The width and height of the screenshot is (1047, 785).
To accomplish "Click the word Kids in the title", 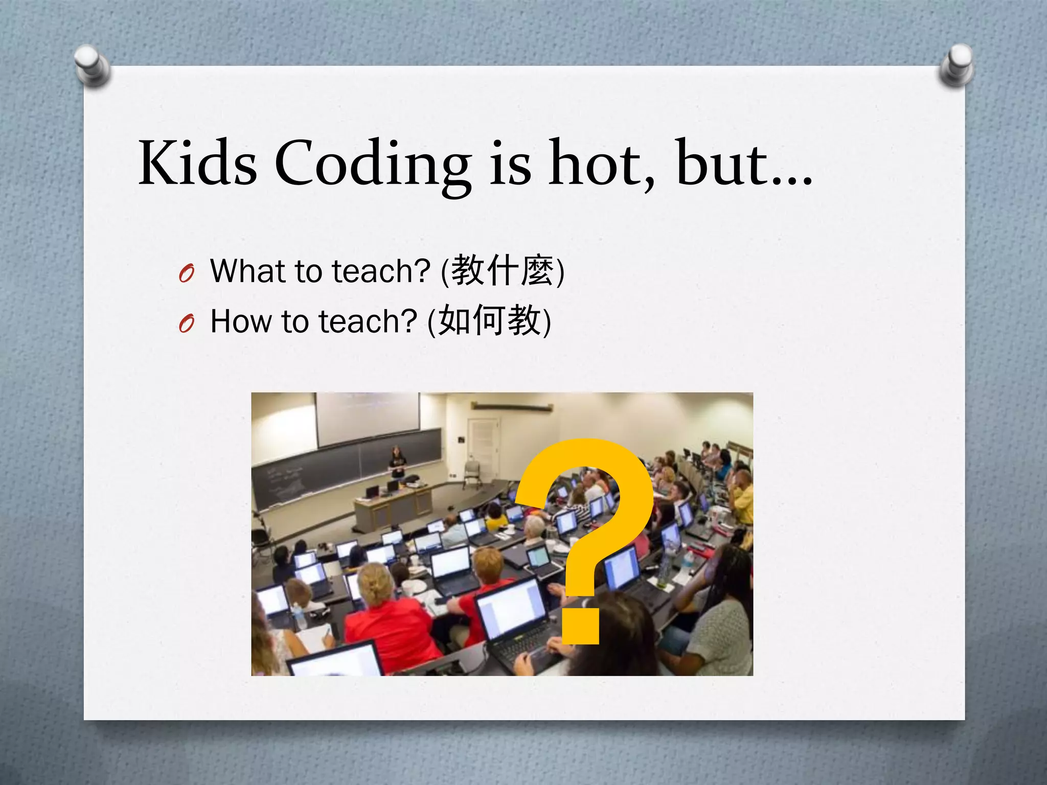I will [x=197, y=163].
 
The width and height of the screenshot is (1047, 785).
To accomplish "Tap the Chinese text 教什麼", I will [x=503, y=270].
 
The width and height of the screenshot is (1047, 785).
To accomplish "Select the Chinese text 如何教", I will [x=489, y=321].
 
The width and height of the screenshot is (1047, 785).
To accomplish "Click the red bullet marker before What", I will [x=187, y=274].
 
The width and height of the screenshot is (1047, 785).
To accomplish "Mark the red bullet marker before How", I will [x=187, y=324].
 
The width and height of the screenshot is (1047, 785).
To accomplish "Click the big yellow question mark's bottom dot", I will [x=580, y=626].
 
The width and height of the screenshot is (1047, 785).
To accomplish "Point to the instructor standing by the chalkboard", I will [x=397, y=463].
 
